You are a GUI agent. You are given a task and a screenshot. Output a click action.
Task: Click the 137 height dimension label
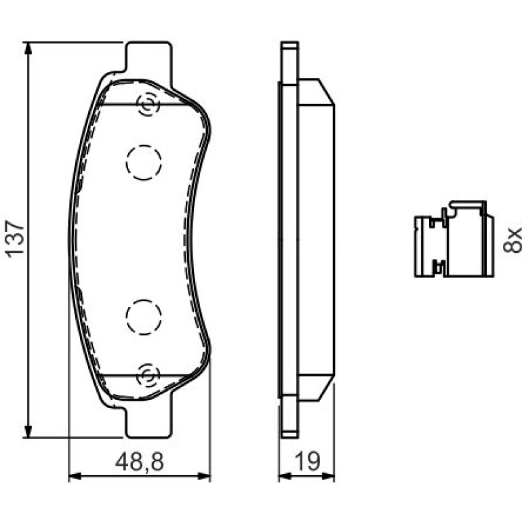point(16,239)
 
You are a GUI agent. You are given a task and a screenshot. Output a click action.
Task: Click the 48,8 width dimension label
point(140,462)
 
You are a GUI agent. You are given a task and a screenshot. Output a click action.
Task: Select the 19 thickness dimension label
point(308,462)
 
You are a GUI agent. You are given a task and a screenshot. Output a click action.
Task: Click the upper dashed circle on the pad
point(144,163)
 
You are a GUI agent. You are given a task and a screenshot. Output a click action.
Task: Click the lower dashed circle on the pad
point(144,317)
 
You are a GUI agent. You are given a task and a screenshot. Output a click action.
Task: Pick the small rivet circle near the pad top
point(148,104)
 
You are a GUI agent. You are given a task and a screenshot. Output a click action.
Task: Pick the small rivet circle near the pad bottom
point(148,375)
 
